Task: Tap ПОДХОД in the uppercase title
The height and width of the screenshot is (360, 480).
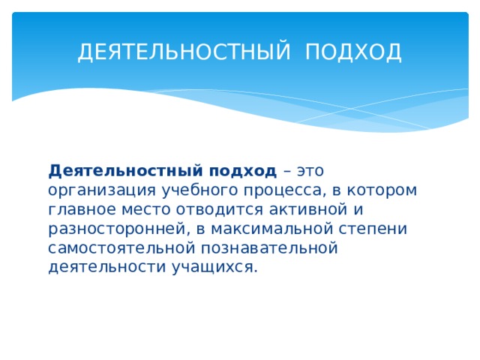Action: coord(354,53)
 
